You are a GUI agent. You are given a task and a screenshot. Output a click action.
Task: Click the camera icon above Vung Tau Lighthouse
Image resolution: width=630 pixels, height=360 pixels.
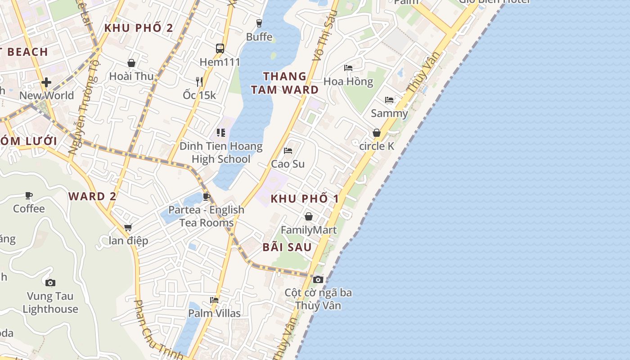click(50, 283)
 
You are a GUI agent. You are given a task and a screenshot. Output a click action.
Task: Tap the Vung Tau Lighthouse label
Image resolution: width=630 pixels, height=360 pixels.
click(50, 303)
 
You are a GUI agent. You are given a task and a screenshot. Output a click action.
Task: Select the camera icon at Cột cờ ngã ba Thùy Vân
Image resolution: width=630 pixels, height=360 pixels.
click(318, 279)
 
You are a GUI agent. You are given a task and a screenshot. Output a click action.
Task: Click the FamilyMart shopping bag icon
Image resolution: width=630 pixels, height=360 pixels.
click(309, 216)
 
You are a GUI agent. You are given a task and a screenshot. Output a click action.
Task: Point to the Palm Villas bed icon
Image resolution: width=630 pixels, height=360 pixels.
click(214, 300)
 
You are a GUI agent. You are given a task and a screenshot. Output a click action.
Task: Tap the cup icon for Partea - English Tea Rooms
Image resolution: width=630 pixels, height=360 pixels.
click(207, 197)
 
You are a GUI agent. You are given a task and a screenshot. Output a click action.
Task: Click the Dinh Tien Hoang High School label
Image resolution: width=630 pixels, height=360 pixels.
click(221, 153)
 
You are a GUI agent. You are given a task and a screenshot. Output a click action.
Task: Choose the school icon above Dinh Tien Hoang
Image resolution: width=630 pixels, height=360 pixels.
click(221, 132)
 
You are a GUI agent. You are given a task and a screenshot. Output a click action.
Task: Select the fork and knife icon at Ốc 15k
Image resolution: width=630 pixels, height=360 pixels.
click(199, 81)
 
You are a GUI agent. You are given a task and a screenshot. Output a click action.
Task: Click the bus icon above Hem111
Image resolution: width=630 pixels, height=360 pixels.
click(220, 48)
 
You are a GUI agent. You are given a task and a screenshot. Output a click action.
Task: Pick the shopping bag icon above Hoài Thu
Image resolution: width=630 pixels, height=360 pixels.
click(131, 63)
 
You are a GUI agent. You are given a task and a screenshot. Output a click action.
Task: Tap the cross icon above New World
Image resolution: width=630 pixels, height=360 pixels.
click(46, 82)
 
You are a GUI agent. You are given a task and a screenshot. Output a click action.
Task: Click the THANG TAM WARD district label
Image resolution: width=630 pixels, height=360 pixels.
click(285, 83)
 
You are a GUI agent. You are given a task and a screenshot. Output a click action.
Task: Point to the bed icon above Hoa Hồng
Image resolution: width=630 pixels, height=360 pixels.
click(348, 68)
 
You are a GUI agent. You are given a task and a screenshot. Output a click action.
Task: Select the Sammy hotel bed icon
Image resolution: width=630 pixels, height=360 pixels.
click(389, 99)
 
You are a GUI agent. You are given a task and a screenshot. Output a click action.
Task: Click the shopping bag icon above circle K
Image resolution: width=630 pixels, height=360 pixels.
click(377, 133)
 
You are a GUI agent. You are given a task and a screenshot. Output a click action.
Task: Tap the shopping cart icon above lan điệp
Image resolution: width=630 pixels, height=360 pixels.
click(128, 227)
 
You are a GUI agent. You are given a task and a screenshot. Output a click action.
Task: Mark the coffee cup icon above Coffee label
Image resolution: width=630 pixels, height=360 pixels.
click(29, 195)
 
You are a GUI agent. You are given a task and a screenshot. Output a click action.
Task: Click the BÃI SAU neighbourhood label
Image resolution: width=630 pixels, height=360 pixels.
click(287, 247)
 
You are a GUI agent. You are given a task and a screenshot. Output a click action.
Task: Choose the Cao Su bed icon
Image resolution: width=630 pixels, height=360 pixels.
click(288, 150)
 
